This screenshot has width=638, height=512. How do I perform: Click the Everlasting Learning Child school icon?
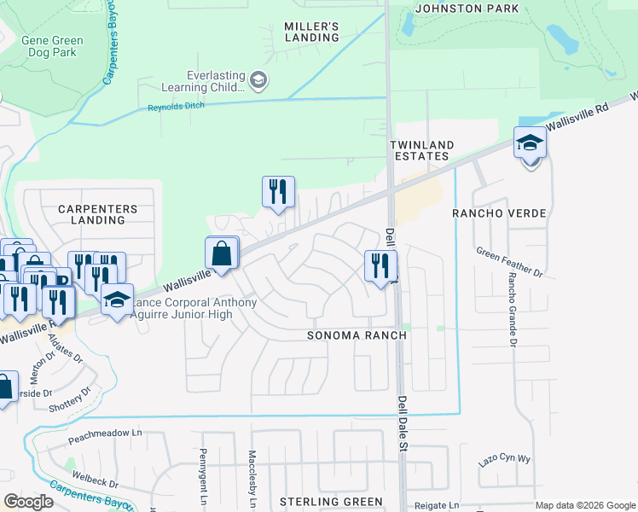[x=258, y=81]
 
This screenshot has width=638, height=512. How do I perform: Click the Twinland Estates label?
[x=421, y=150]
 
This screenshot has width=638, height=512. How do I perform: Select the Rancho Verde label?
[x=498, y=212]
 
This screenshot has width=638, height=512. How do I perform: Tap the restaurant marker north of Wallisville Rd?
[x=278, y=193]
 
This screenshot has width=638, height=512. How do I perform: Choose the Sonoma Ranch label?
[x=357, y=335]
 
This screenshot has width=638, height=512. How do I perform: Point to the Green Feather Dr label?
[x=509, y=262]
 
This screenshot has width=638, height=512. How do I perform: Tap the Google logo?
[x=28, y=502]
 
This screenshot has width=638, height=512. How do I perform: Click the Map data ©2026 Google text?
[x=584, y=505]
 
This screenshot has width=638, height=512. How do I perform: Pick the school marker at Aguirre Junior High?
[x=117, y=300]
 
